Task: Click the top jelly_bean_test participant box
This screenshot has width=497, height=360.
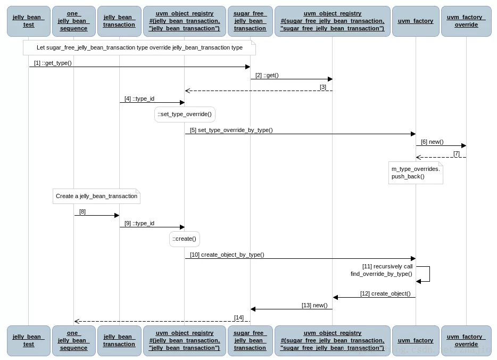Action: (29, 21)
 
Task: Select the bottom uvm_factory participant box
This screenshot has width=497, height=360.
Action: (416, 341)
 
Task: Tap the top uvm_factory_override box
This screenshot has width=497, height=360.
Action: (466, 21)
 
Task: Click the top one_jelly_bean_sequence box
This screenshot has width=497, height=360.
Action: (74, 21)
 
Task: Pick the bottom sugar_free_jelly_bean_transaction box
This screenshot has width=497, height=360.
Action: (250, 341)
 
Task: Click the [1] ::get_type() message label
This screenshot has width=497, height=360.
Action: (53, 63)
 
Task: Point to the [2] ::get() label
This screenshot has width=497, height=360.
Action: (267, 75)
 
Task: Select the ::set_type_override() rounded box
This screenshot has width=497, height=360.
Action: (185, 114)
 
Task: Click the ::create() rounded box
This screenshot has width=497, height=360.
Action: (185, 239)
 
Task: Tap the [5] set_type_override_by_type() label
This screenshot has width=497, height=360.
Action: (231, 130)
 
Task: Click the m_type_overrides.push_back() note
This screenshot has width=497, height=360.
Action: (416, 173)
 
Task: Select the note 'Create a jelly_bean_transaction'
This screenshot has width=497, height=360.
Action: (96, 197)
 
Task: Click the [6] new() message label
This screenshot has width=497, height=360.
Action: (432, 142)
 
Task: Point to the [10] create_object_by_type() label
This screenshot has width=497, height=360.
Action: (227, 255)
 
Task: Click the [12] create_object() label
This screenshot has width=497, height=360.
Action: (385, 294)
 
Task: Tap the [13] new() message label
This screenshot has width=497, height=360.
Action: (314, 305)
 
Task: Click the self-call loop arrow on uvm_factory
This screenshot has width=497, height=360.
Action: (429, 274)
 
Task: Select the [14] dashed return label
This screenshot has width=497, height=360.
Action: (239, 317)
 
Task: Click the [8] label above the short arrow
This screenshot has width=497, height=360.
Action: (82, 211)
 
